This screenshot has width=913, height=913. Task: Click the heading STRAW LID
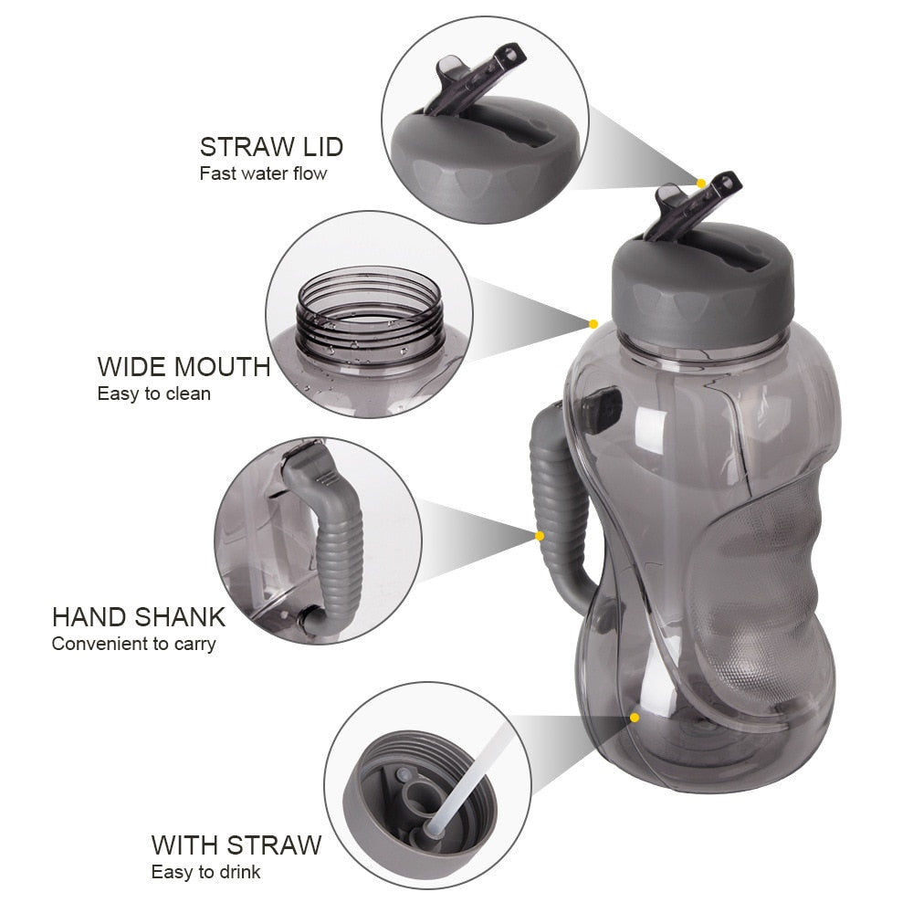click(x=271, y=147)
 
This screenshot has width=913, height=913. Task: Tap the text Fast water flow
click(x=263, y=173)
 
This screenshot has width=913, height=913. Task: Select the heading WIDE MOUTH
click(x=184, y=367)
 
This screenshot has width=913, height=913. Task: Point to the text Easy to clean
click(x=153, y=394)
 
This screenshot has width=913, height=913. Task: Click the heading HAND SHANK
click(x=138, y=616)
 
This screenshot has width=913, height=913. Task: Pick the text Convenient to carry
click(x=133, y=644)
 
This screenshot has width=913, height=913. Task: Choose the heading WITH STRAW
click(x=236, y=845)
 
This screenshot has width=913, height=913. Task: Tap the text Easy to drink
click(x=205, y=872)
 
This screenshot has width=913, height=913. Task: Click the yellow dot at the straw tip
click(x=701, y=184)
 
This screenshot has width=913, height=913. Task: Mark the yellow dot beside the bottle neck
click(x=593, y=323)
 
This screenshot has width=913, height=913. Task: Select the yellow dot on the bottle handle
click(x=540, y=536)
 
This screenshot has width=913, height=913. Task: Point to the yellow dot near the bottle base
click(x=635, y=718)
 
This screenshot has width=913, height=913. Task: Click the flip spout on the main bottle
click(x=692, y=206)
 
